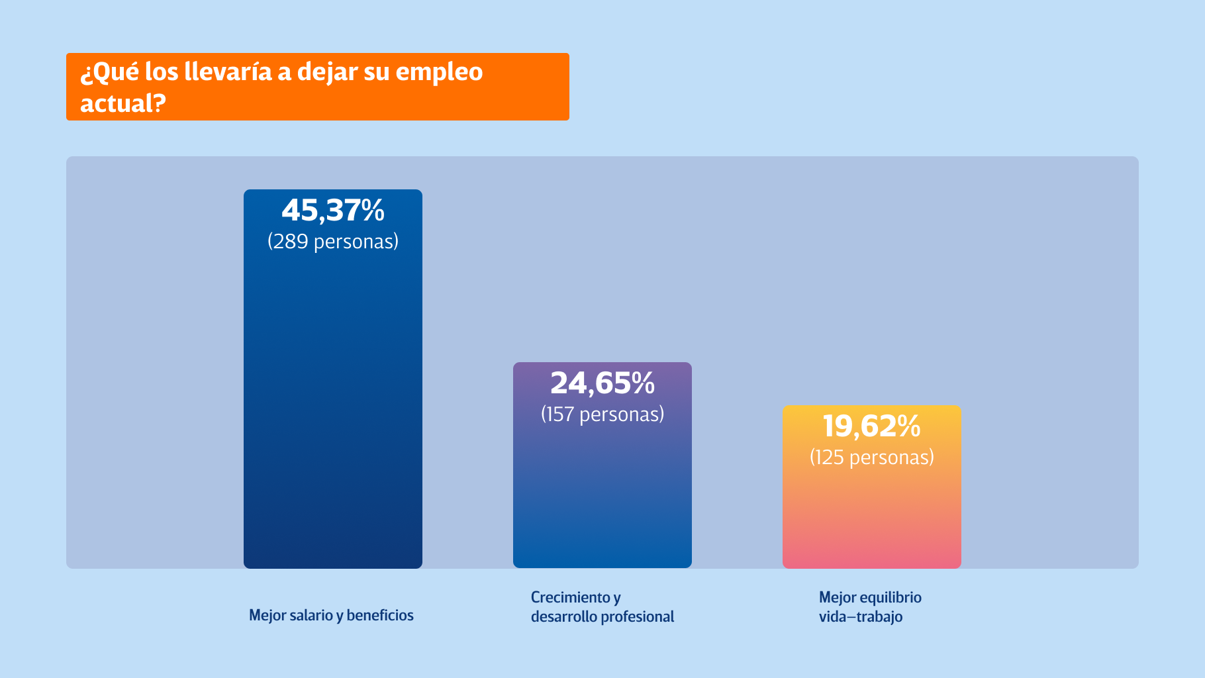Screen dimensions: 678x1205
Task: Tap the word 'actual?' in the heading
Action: point(122,103)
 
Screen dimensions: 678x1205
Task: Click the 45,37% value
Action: point(333,211)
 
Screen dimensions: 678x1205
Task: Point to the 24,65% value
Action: point(602,383)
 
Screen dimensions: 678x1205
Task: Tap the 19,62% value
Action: point(871,426)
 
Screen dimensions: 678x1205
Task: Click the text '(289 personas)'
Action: point(333,242)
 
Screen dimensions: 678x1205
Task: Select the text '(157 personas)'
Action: point(602,414)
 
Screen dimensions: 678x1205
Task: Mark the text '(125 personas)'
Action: point(871,458)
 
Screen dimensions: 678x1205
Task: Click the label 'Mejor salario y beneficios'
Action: point(331,616)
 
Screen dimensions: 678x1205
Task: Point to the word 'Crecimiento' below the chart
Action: point(570,597)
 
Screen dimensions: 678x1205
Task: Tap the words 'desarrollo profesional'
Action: point(602,617)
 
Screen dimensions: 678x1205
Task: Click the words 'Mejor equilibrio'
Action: point(870,597)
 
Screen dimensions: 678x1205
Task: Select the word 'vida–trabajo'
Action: point(861,617)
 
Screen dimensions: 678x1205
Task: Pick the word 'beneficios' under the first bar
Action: point(380,616)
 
